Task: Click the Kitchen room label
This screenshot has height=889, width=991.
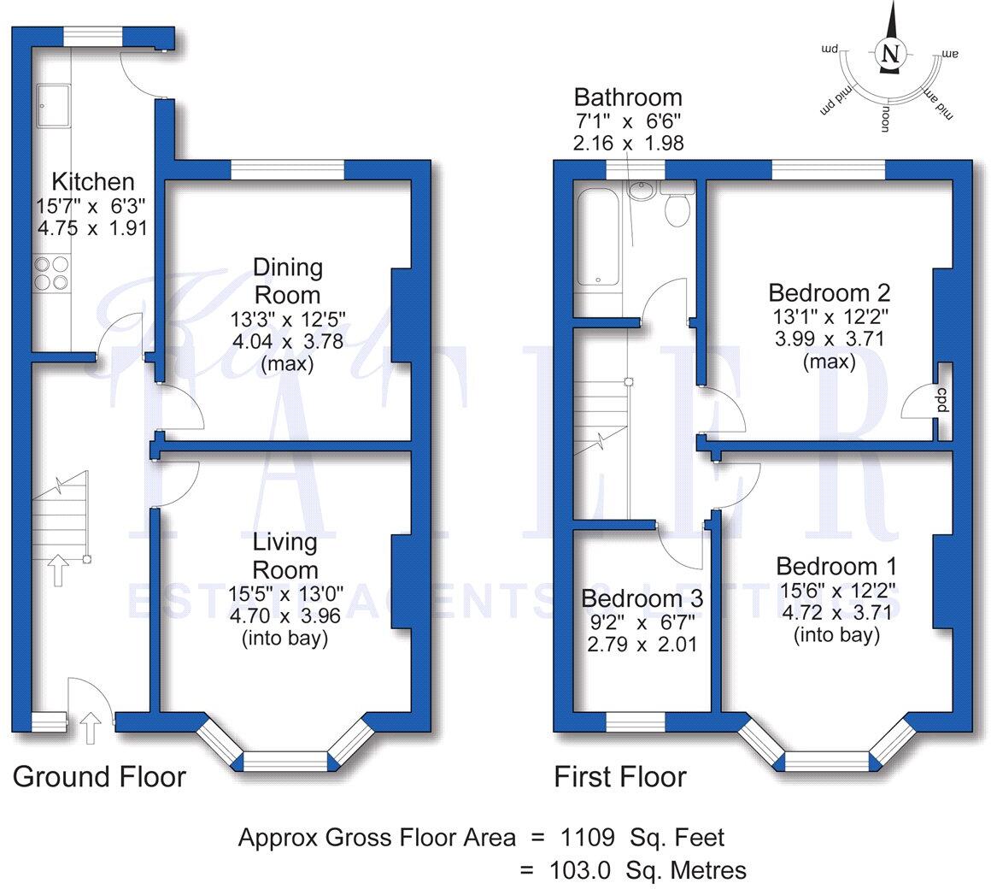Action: pyautogui.click(x=93, y=182)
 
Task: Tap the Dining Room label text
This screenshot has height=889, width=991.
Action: pyautogui.click(x=287, y=281)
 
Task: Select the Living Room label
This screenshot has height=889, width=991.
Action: pyautogui.click(x=285, y=556)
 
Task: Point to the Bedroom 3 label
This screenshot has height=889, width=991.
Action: pyautogui.click(x=642, y=598)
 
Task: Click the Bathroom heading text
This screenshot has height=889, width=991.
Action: pyautogui.click(x=628, y=97)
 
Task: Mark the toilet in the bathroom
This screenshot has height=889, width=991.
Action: pyautogui.click(x=677, y=209)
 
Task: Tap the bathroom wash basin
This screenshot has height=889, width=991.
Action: pyautogui.click(x=641, y=190)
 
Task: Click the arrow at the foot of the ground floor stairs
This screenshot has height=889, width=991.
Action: pyautogui.click(x=57, y=570)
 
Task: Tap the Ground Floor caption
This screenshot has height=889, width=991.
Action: pyautogui.click(x=99, y=777)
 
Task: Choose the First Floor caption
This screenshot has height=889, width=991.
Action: pyautogui.click(x=619, y=777)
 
